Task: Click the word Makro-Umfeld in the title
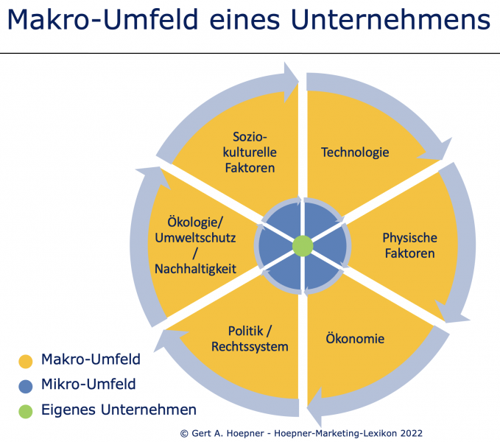102,20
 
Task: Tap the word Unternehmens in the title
390,20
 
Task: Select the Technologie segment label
355,152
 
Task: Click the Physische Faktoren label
409,245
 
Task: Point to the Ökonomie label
355,338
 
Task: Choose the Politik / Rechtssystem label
250,339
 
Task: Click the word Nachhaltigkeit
195,269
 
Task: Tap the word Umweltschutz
195,238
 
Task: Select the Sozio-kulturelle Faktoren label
250,152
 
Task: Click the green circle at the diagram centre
303,246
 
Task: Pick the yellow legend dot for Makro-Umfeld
26,361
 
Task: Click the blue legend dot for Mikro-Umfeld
26,386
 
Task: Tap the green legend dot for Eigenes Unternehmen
26,411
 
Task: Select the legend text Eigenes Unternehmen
119,410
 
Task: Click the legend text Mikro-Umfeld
88,384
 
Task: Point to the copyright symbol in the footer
184,433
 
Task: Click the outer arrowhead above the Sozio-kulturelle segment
290,82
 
